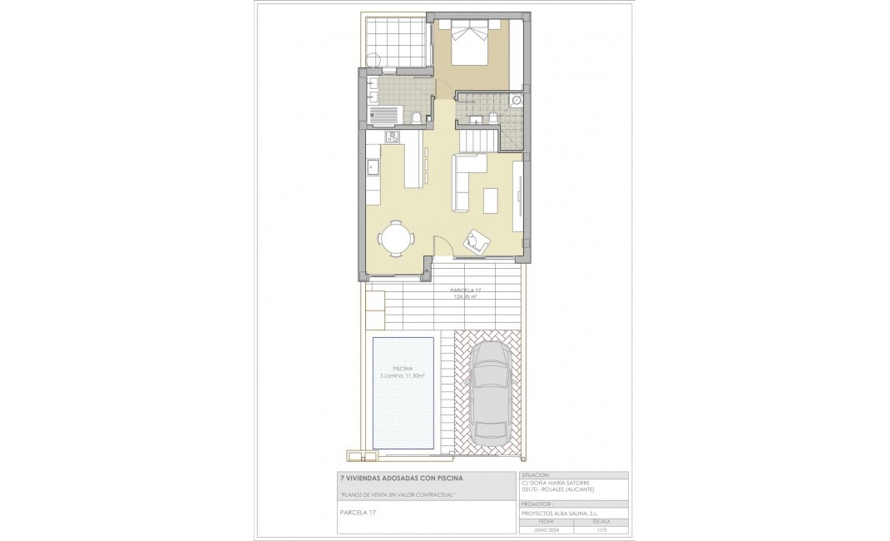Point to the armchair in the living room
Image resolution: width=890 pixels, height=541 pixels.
click(x=477, y=240)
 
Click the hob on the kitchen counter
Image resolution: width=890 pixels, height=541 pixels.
click(x=392, y=138)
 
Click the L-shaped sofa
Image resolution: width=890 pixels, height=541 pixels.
click(x=466, y=179)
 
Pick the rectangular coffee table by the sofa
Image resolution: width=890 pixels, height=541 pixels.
click(x=491, y=201)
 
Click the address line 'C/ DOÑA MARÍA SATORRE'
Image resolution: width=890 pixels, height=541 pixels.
click(x=561, y=482)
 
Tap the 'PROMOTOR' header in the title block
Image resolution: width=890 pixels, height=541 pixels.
click(x=536, y=504)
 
